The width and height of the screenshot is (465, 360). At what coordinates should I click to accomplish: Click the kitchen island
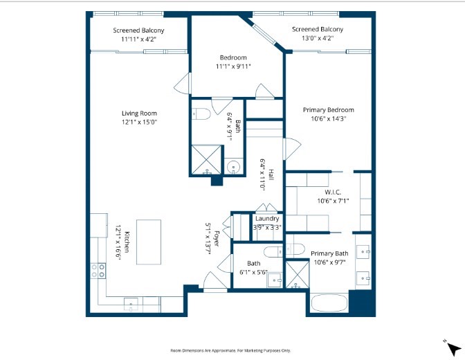click(x=148, y=242)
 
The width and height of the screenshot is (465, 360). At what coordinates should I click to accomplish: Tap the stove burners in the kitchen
click(x=95, y=269)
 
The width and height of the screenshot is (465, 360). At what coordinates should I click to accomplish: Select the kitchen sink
click(x=132, y=302)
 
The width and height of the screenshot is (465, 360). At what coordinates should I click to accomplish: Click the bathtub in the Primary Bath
click(x=327, y=303)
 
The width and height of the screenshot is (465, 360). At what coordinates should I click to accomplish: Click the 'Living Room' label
click(x=139, y=114)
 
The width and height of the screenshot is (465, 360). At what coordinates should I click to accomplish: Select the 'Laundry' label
click(x=266, y=219)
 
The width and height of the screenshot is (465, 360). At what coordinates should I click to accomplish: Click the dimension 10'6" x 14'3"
click(x=328, y=118)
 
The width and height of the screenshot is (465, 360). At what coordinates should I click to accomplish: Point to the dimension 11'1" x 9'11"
click(x=233, y=66)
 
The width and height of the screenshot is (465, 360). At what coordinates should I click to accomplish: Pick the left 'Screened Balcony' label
click(x=138, y=30)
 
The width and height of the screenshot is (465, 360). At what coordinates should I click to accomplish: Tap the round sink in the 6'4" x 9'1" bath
click(x=234, y=166)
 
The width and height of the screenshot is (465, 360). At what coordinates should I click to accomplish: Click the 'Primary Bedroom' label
click(x=328, y=109)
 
